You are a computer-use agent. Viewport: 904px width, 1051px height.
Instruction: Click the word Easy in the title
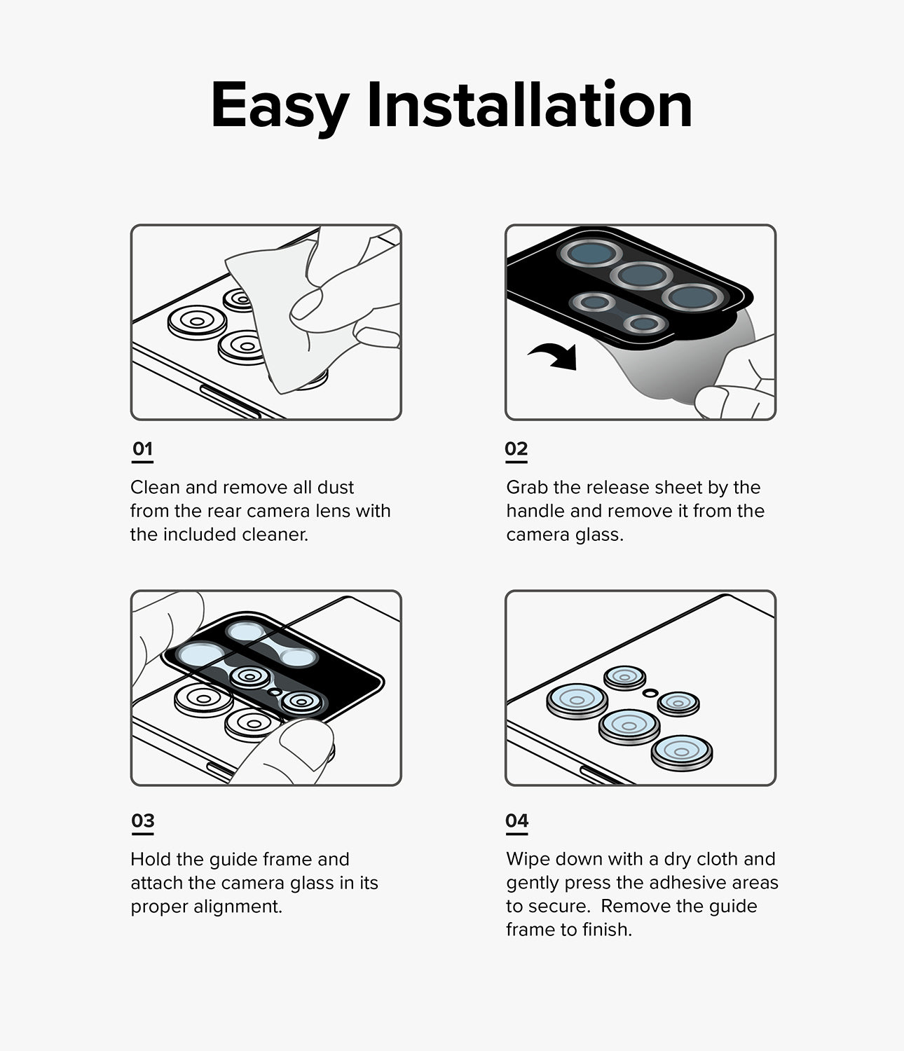pyautogui.click(x=279, y=107)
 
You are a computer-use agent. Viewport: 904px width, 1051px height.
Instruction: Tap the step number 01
pyautogui.click(x=142, y=449)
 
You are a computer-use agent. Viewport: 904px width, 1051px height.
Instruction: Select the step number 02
pyautogui.click(x=516, y=449)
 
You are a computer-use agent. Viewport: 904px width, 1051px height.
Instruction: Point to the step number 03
pyautogui.click(x=143, y=820)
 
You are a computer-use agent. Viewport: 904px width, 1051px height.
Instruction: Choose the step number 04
pyautogui.click(x=517, y=820)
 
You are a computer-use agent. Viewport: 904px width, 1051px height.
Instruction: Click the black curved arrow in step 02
pyautogui.click(x=555, y=356)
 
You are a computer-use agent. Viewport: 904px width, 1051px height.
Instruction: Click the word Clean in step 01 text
pyautogui.click(x=155, y=488)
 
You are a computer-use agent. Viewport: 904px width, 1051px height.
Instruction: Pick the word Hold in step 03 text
pyautogui.click(x=151, y=860)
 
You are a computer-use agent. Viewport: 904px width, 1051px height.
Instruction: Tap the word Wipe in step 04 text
pyautogui.click(x=528, y=860)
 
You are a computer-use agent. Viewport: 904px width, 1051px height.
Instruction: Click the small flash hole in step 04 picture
pyautogui.click(x=651, y=692)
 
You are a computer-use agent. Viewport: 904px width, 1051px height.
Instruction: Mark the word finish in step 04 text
pyautogui.click(x=607, y=930)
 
